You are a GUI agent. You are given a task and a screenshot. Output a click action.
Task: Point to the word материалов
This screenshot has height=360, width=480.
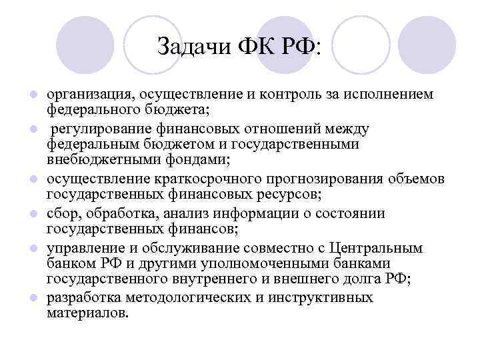(85, 313)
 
